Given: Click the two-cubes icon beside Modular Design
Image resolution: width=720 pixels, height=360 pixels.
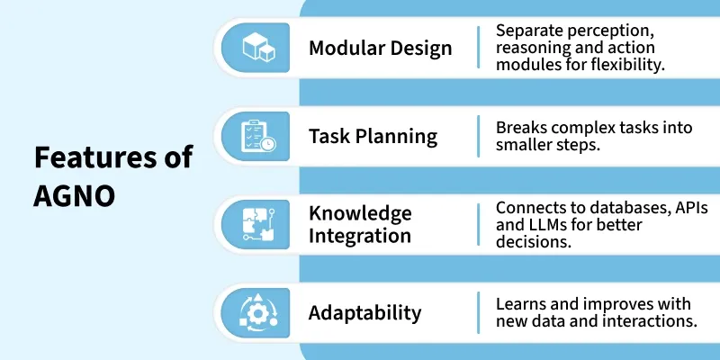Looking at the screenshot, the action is click(x=258, y=48).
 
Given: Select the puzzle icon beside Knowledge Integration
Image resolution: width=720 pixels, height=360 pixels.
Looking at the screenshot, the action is click(x=258, y=224).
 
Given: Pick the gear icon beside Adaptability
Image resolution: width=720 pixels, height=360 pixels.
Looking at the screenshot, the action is click(x=258, y=312).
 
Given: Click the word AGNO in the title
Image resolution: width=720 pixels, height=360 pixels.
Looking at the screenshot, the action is click(x=74, y=196).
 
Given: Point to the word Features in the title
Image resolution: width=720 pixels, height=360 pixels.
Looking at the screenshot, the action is click(x=93, y=157).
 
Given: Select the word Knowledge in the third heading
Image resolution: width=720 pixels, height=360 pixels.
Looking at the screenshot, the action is click(x=360, y=214).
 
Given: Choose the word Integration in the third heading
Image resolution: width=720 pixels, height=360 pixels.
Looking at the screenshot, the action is click(x=359, y=236).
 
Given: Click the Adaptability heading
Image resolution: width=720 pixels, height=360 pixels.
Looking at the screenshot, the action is click(x=364, y=313).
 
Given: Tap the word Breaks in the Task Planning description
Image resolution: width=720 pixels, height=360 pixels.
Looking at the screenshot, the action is click(x=521, y=127).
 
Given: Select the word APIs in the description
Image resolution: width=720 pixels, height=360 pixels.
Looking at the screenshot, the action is click(x=690, y=209).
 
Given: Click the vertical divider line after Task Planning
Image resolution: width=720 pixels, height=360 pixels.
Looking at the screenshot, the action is click(x=479, y=137).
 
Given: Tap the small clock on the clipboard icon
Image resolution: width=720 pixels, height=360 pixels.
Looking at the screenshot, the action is click(x=267, y=144).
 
